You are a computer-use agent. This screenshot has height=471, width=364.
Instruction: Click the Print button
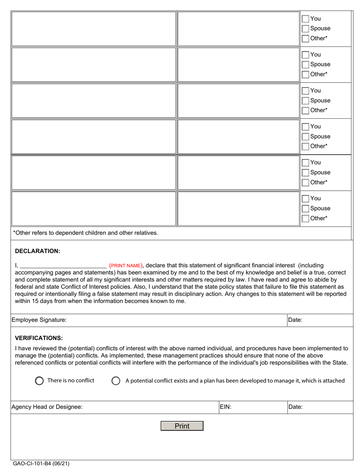pyautogui.click(x=182, y=426)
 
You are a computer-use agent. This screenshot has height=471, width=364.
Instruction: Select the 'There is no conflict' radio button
pyautogui.click(x=39, y=381)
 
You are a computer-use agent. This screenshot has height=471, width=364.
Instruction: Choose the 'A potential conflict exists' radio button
pyautogui.click(x=116, y=381)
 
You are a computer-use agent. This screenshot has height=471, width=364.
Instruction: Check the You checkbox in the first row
pyautogui.click(x=305, y=19)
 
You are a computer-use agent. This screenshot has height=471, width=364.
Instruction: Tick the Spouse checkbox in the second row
pyautogui.click(x=305, y=65)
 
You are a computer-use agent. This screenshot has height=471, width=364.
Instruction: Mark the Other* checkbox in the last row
pyautogui.click(x=305, y=219)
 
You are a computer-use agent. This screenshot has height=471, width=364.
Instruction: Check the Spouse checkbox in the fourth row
pyautogui.click(x=305, y=137)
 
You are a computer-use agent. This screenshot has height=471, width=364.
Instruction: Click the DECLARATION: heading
pyautogui.click(x=38, y=251)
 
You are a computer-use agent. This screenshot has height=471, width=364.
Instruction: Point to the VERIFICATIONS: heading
pyautogui.click(x=39, y=338)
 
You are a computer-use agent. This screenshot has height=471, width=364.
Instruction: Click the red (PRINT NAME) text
pyautogui.click(x=126, y=265)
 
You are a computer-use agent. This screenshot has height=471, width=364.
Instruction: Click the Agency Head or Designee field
pyautogui.click(x=149, y=407)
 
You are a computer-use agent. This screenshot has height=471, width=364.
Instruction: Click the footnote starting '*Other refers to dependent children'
pyautogui.click(x=85, y=233)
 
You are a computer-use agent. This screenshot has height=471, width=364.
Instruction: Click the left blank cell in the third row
pyautogui.click(x=93, y=100)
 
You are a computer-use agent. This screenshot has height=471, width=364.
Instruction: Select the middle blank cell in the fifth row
pyautogui.click(x=238, y=172)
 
